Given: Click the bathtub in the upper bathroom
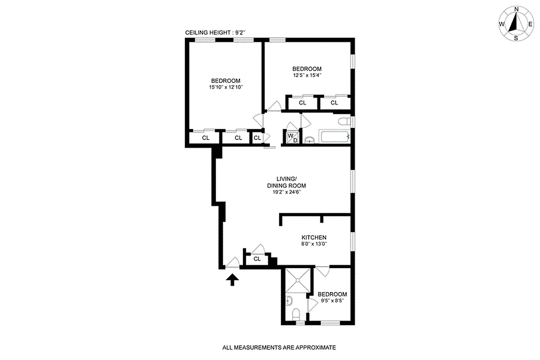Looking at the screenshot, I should click(x=334, y=137).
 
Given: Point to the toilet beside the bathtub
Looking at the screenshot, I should click(x=344, y=121).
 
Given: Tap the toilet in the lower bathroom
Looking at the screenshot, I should click(x=297, y=315).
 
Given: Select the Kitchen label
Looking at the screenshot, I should click(x=314, y=238).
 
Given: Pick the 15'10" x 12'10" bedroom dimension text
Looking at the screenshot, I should click(x=226, y=88).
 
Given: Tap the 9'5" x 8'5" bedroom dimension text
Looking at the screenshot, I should click(x=333, y=301).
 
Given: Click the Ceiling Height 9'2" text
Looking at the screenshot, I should click(x=215, y=33).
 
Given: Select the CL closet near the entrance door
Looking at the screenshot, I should click(x=257, y=259).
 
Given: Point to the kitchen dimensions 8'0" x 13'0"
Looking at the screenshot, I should click(x=314, y=244).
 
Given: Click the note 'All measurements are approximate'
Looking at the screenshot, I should click(x=279, y=347).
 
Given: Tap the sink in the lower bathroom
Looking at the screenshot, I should click(x=290, y=299).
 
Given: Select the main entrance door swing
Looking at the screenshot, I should click(x=233, y=262).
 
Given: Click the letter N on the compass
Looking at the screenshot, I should click(x=517, y=9).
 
